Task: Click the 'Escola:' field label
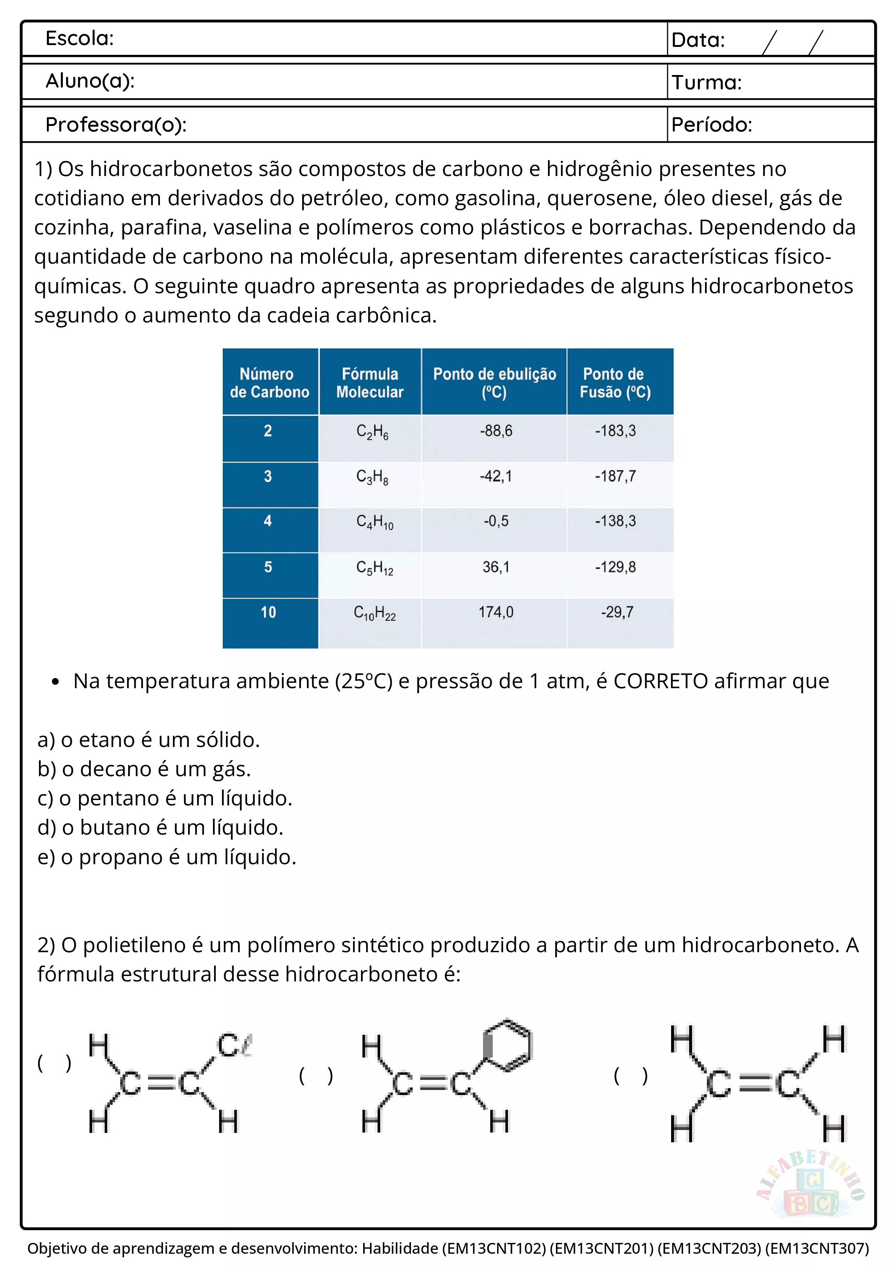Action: [x=79, y=39]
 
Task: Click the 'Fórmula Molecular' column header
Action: [x=370, y=383]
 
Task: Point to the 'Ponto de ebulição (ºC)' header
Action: [x=494, y=383]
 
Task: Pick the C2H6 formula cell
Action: [x=372, y=432]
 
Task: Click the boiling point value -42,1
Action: [x=495, y=476]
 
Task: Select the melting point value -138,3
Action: [x=615, y=521]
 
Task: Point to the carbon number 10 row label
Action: [x=268, y=612]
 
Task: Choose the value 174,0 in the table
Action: [x=495, y=612]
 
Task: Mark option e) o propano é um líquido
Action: [x=167, y=857]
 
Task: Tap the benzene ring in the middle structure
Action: [x=507, y=1045]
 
